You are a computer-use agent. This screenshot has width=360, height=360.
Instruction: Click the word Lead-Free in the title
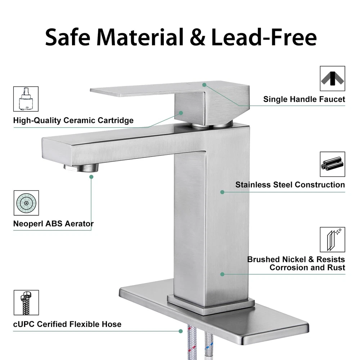point(264,37)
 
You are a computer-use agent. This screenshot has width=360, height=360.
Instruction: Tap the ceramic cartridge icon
point(26,99)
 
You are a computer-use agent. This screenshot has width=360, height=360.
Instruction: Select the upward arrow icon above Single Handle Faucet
point(332,78)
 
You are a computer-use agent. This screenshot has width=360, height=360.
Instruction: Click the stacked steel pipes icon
point(332,164)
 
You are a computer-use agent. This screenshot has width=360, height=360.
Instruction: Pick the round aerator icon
point(26,203)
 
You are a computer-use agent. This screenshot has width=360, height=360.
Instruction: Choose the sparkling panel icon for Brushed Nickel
point(332,240)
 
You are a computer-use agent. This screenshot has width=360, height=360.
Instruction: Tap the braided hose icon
point(26,303)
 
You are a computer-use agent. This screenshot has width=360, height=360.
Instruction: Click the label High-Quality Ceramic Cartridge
point(73,120)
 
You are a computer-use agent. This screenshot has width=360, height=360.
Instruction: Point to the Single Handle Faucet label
point(304,99)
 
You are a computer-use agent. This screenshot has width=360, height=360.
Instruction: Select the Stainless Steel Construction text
point(290,185)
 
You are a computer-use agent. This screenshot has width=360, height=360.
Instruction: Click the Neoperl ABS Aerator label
point(53,224)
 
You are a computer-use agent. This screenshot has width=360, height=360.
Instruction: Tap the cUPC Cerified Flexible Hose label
point(67,324)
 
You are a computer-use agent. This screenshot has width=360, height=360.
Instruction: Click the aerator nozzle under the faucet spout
point(81,168)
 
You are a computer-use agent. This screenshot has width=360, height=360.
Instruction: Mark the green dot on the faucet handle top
point(204,85)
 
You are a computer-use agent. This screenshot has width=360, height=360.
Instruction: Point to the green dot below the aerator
point(91,177)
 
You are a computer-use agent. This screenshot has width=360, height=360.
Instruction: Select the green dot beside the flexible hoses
point(181,331)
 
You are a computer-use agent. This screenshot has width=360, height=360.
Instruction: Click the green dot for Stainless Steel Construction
point(222,192)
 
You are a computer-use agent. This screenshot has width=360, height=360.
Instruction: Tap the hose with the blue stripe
point(208,345)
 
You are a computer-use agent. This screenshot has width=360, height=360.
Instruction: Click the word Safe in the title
point(68,37)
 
